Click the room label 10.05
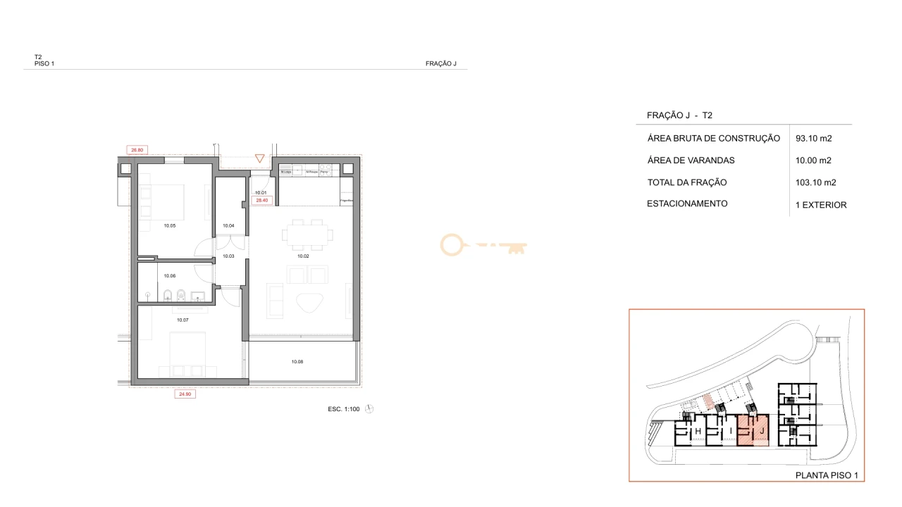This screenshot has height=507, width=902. (169, 225)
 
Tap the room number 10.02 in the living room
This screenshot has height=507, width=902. (303, 256)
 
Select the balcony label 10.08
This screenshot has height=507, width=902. (297, 362)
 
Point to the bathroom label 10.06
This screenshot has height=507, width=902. (169, 276)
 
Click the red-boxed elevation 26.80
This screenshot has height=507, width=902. (137, 149)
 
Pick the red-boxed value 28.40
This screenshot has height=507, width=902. (262, 201)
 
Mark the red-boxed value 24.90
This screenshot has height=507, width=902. (185, 394)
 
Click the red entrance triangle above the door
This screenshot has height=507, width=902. (260, 158)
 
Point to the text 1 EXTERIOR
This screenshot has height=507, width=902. (820, 205)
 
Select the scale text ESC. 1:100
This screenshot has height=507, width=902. (344, 409)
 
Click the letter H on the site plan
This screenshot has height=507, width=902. (698, 431)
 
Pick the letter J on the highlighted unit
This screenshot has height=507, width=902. (762, 430)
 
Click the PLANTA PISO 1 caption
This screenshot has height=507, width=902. (826, 476)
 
